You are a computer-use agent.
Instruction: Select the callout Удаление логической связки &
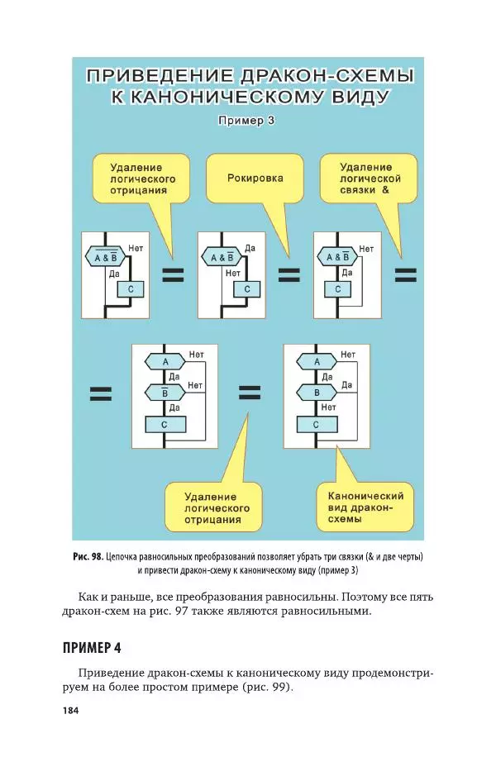pos(370,178)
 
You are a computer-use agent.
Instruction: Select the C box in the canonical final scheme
pos(317,424)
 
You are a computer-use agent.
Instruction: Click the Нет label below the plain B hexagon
pos(328,407)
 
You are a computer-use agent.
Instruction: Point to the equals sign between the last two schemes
pos(250,393)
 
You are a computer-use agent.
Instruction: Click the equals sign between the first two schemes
pos(172,276)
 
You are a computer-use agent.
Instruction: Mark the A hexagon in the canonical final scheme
pos(317,362)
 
